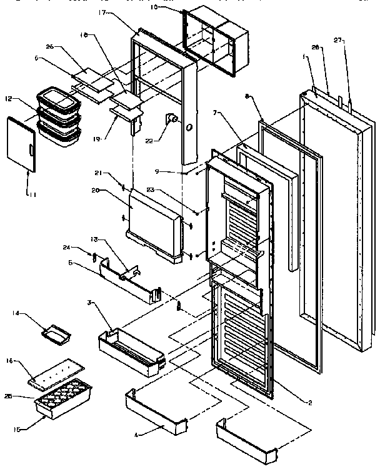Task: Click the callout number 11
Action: point(31,194)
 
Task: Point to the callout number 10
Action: point(154,8)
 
